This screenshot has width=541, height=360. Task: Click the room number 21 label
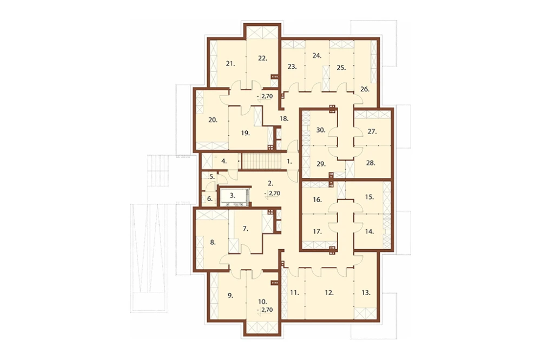(230, 63)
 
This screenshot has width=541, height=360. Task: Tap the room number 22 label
(262, 58)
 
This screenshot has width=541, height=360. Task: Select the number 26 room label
(365, 89)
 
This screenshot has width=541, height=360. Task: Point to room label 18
(283, 118)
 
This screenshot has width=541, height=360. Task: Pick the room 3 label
(233, 196)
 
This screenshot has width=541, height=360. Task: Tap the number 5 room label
(212, 177)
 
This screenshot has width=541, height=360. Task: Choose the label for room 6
(210, 198)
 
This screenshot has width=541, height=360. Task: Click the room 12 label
(329, 292)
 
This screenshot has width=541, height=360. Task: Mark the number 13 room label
(366, 292)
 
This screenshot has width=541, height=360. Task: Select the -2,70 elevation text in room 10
(265, 310)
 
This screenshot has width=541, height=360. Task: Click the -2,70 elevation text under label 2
(272, 194)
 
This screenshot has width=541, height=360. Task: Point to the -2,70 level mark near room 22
(265, 96)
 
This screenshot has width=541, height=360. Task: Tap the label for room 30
(321, 130)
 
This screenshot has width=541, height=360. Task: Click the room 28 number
(371, 163)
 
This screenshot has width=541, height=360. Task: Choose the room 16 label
(317, 199)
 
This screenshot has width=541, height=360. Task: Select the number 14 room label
(370, 231)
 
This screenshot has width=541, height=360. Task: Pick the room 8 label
(213, 242)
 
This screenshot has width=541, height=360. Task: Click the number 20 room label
(213, 120)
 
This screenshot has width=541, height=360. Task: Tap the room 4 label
(224, 161)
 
